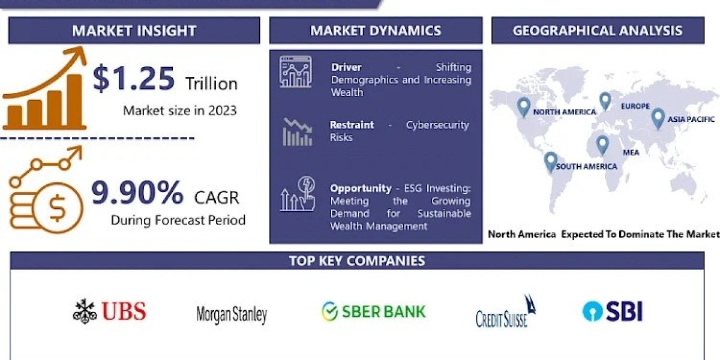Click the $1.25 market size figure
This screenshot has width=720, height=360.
click(x=134, y=78)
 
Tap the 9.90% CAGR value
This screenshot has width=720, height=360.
click(x=137, y=193)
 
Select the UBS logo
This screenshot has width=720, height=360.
click(x=110, y=311)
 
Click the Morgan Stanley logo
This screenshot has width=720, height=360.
click(x=232, y=314)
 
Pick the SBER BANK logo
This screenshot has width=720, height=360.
click(x=373, y=311)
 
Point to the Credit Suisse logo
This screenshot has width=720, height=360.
click(x=506, y=311)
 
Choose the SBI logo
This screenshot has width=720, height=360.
click(x=613, y=311)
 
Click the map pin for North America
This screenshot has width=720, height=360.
click(x=524, y=107)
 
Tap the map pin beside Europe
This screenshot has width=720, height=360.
click(x=605, y=101)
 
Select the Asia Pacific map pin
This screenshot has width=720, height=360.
click(x=658, y=119)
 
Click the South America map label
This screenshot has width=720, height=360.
click(x=586, y=167)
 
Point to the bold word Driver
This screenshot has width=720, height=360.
click(x=346, y=67)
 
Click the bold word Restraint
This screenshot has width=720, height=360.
click(x=352, y=125)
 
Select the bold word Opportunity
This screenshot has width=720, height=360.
click(x=361, y=188)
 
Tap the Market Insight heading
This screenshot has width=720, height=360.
click(x=134, y=31)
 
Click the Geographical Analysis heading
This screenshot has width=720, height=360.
click(x=598, y=31)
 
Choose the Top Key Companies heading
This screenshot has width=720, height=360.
click(x=357, y=260)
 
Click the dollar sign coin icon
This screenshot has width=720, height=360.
click(x=58, y=208)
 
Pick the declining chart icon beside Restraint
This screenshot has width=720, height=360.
click(x=298, y=132)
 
